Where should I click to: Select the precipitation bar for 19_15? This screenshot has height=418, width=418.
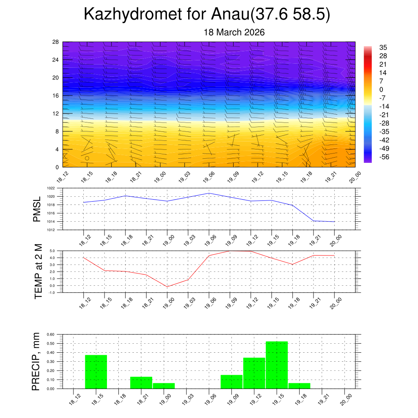point(277,365)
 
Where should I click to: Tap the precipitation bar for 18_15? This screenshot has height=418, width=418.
point(96,372)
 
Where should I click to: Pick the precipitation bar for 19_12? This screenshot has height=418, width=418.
point(254,373)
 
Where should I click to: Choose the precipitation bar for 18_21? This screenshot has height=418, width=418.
point(141,382)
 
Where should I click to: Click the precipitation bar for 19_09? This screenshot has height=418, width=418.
point(231,382)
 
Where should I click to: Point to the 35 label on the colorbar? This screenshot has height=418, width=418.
point(383,47)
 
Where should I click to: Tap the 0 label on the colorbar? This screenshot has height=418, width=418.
point(381,90)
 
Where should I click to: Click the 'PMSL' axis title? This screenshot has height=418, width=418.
point(37,209)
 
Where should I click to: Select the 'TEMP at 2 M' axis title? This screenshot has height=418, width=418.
point(38,271)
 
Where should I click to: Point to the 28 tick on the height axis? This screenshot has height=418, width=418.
point(56,42)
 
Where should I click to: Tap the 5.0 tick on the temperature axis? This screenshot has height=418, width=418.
point(52,251)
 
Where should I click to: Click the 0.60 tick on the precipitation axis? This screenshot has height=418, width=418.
point(51,334)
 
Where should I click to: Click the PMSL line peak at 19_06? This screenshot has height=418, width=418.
point(209,193)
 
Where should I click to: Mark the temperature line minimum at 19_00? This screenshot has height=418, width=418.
point(167,287)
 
